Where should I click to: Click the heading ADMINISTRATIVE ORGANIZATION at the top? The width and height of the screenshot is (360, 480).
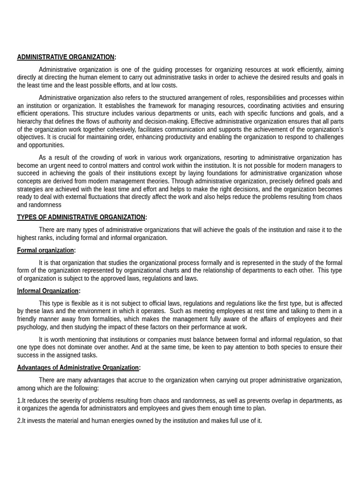pyautogui.click(x=66, y=57)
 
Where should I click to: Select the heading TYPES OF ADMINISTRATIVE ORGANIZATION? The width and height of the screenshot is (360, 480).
pyautogui.click(x=81, y=217)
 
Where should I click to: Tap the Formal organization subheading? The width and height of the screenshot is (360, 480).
pyautogui.click(x=45, y=250)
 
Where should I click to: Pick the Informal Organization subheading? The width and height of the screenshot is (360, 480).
pyautogui.click(x=48, y=291)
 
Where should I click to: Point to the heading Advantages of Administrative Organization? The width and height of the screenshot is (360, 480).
pyautogui.click(x=78, y=367)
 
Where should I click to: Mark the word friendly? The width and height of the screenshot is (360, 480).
pyautogui.click(x=28, y=319)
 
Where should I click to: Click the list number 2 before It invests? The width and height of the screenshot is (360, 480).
pyautogui.click(x=19, y=420)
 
